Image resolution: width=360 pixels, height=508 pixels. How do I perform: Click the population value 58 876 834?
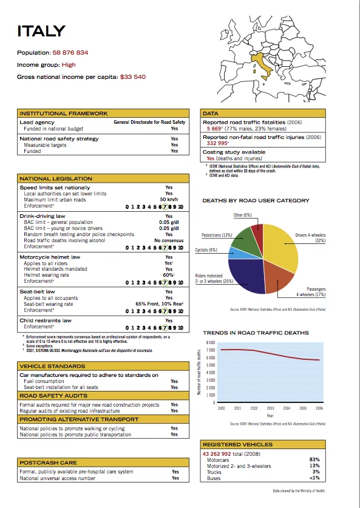pos(70,53)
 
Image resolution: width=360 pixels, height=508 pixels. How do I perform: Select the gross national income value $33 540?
pos(132,77)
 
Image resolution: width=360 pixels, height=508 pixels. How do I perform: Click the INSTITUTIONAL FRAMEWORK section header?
pos(64,113)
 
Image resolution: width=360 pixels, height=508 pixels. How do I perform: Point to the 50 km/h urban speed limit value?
pos(168,199)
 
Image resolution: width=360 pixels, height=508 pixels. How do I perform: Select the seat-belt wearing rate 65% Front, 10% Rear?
pos(160,303)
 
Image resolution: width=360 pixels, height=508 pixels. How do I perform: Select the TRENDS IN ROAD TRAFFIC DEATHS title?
pos(256,333)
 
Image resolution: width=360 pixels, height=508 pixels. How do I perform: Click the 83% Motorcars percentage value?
pos(314,459)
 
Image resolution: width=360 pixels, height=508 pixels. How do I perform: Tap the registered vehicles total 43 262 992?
pos(222,453)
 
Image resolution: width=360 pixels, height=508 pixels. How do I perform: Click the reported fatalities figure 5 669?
pos(214,129)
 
